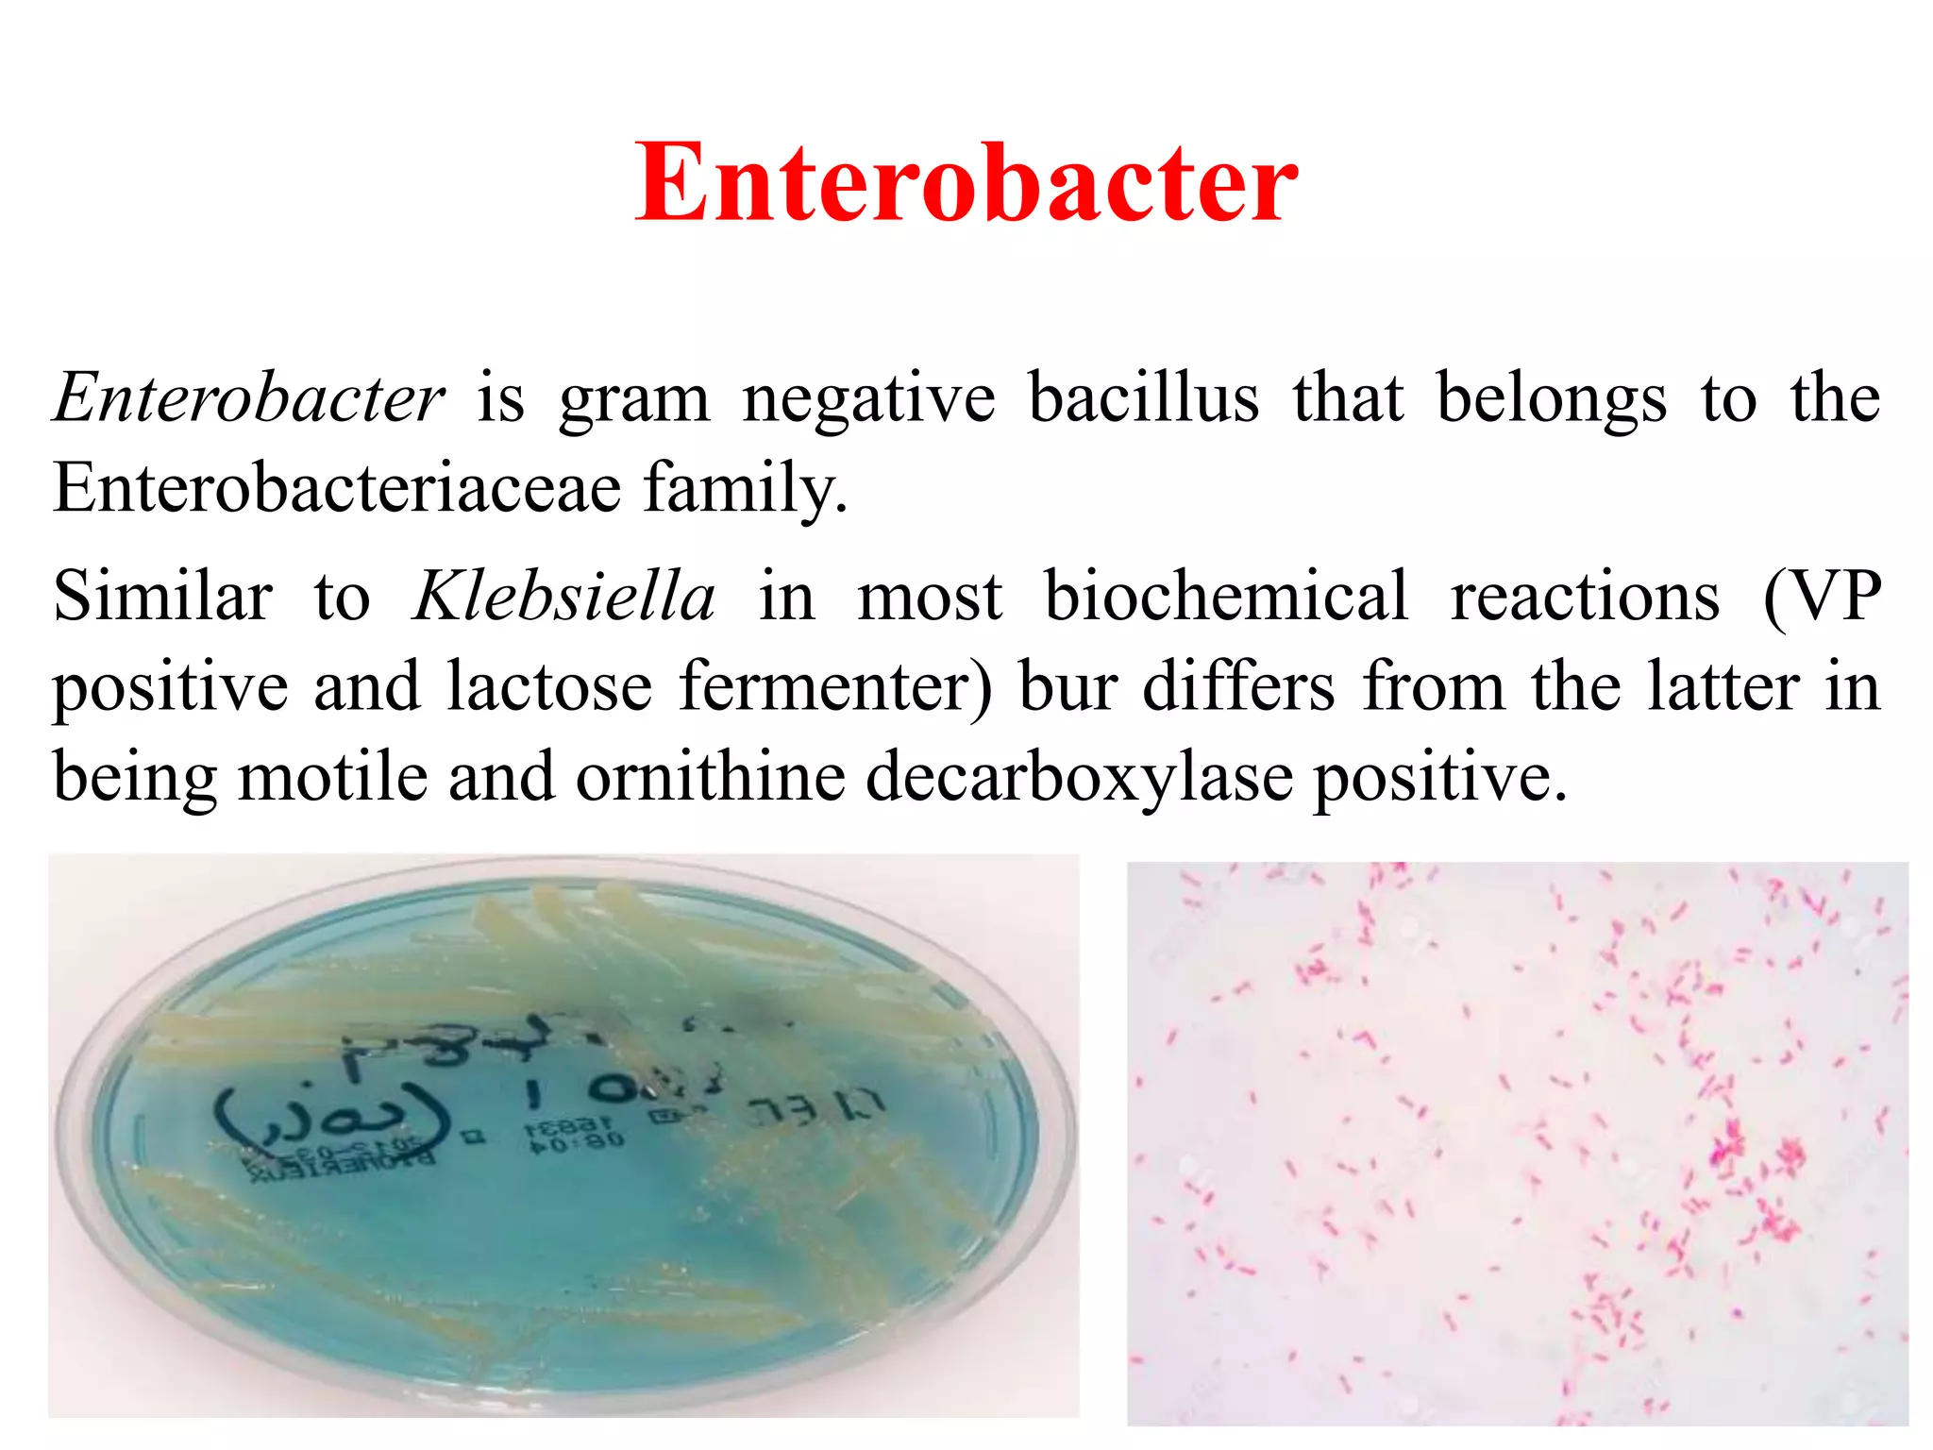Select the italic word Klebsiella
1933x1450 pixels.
(x=564, y=597)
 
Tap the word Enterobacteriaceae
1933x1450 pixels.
(x=337, y=488)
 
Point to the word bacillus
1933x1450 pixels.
(x=1143, y=397)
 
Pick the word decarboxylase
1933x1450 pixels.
(x=1079, y=777)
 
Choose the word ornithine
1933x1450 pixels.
(x=710, y=777)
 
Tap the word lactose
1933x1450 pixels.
(x=549, y=686)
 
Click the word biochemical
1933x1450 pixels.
(x=1226, y=597)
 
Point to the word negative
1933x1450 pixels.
(x=868, y=397)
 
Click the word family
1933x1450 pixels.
(x=745, y=488)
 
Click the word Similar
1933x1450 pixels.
(x=162, y=597)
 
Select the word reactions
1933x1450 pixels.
(x=1585, y=597)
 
